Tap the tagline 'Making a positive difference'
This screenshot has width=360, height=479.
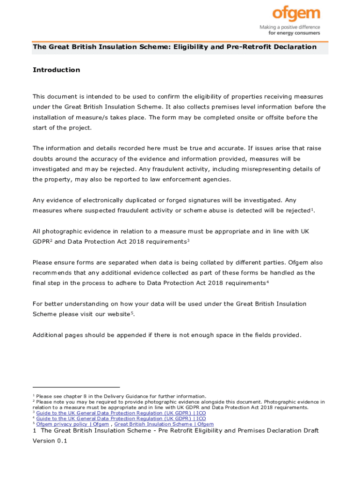(290, 28)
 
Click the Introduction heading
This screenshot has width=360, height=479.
(56, 70)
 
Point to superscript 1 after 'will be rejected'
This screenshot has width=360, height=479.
(312, 209)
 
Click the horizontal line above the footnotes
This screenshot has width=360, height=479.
(76, 387)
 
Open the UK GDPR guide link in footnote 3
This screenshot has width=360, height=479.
(121, 413)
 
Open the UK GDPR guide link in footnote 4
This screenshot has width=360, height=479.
(121, 419)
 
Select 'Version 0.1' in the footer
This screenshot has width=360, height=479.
(50, 441)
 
